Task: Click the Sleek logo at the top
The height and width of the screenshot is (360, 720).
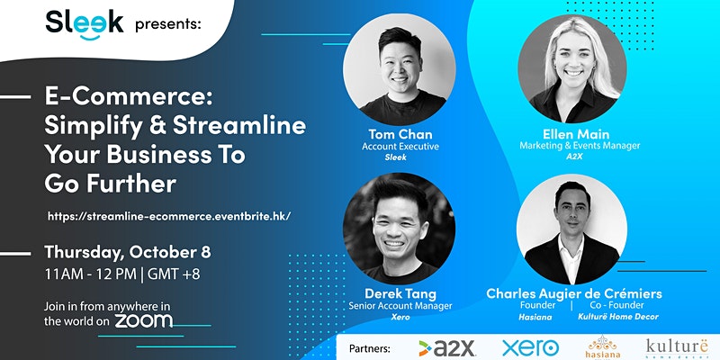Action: coord(85,24)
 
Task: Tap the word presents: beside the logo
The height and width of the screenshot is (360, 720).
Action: coord(168,25)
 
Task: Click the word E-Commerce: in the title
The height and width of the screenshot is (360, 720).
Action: coord(129,98)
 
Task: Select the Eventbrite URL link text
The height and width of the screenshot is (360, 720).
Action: coord(169,216)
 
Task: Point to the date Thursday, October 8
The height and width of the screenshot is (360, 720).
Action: coord(128,253)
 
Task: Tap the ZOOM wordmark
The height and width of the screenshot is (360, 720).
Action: coord(144,320)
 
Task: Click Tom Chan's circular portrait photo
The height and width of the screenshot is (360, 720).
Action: coord(400,69)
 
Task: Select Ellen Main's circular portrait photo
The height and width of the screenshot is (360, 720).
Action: coord(572,68)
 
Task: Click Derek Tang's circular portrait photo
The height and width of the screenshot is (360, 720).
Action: coord(399,229)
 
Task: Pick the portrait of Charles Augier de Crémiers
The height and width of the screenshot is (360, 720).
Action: coord(572,229)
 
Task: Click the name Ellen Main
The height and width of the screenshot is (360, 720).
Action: coord(576,134)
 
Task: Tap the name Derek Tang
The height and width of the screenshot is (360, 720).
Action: coord(400,294)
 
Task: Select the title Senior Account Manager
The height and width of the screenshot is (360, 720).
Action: coord(400,306)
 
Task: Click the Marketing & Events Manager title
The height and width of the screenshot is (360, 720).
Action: coord(580,146)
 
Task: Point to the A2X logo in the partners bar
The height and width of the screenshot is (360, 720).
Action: coord(446,348)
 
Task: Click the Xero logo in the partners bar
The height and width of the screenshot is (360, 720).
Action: coord(530,348)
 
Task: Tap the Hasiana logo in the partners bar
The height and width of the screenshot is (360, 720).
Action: coord(603,346)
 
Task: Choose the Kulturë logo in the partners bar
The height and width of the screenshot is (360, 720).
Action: coord(679,347)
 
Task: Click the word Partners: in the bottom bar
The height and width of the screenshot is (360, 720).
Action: coord(370,349)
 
